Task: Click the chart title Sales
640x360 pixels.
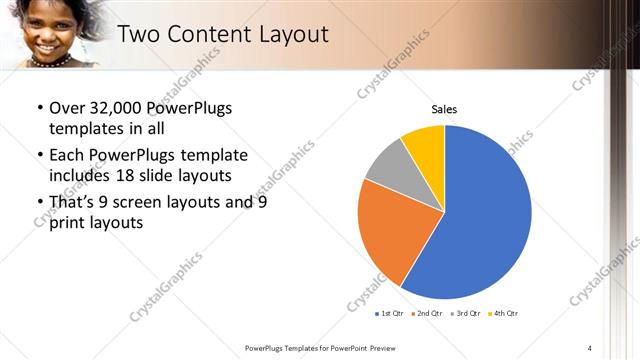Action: [444, 109]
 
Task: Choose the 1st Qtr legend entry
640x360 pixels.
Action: [389, 314]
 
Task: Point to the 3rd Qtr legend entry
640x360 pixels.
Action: [467, 314]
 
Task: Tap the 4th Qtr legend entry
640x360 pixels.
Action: [504, 314]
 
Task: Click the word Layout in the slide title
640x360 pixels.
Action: [292, 34]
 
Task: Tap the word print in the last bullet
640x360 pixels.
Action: [68, 223]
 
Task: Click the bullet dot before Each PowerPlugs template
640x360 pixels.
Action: [39, 155]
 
